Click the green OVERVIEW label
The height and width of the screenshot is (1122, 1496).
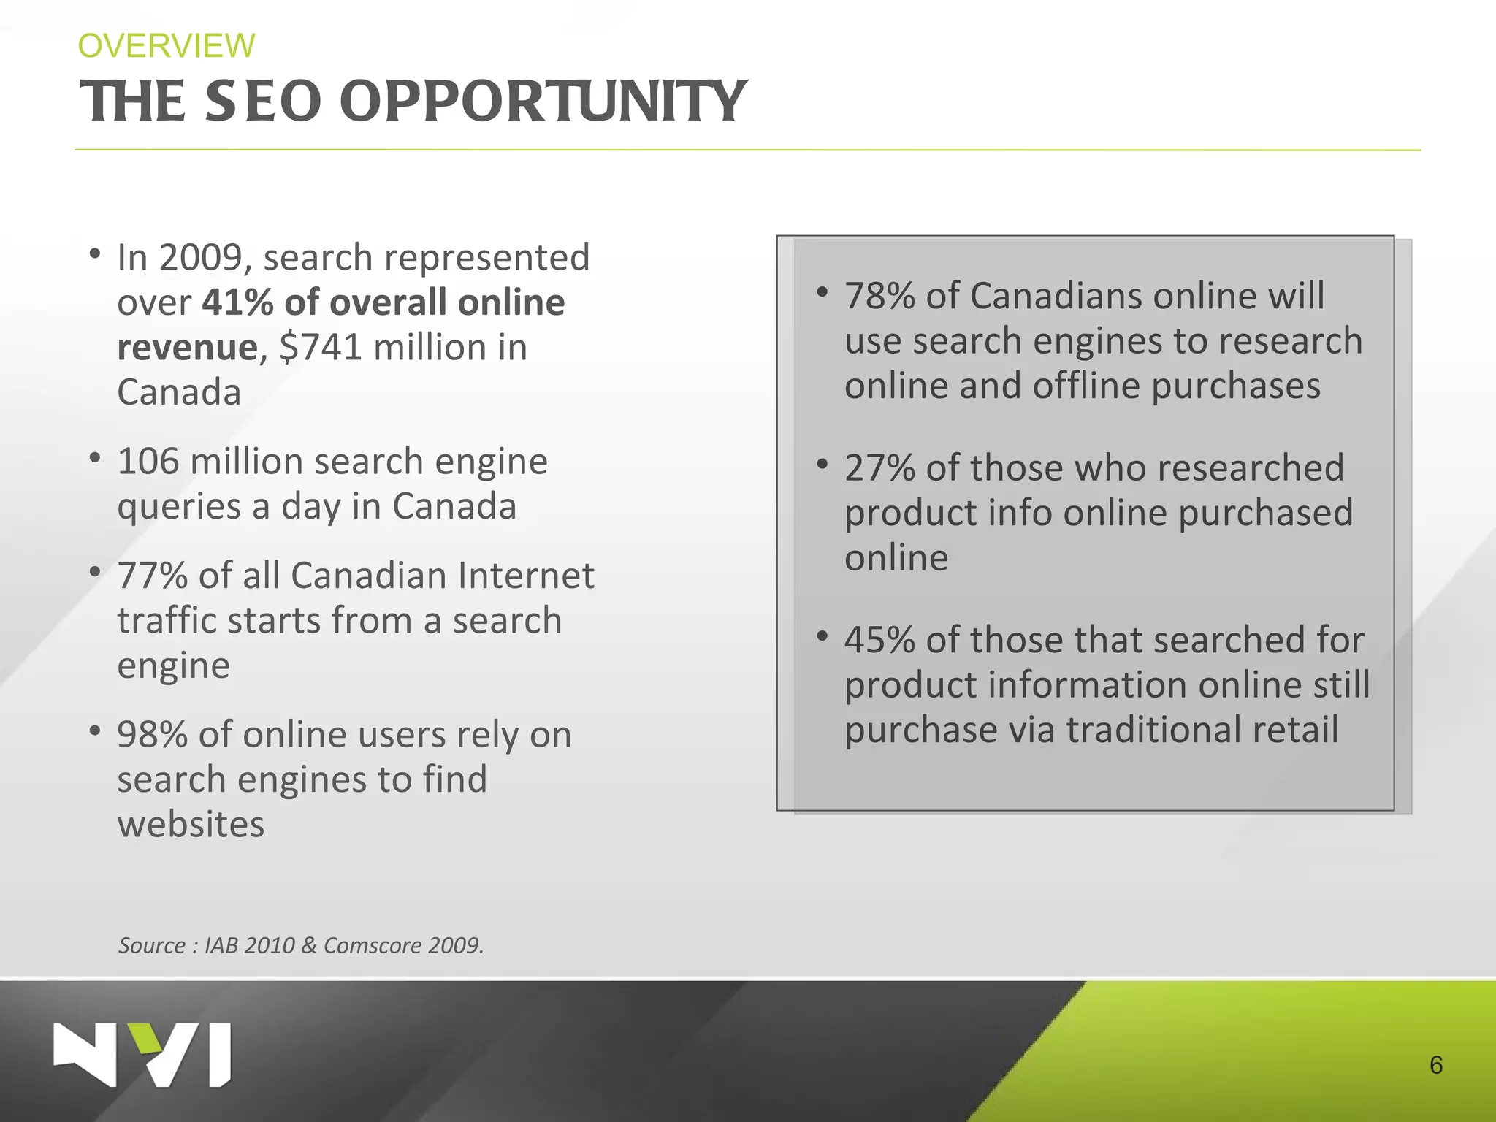(x=167, y=46)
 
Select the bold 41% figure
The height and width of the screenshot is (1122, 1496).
(x=238, y=302)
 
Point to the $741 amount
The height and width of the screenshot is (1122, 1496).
(x=321, y=347)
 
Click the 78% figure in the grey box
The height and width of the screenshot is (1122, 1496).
(x=879, y=297)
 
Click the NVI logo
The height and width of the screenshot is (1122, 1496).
(x=142, y=1054)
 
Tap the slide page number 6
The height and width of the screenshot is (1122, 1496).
(x=1435, y=1065)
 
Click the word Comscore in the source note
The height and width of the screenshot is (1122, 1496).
(x=372, y=945)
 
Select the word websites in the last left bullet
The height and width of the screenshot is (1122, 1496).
(x=191, y=825)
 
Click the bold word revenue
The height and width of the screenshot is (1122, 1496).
(x=187, y=348)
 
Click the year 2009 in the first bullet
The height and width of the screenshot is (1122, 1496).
(x=200, y=258)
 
